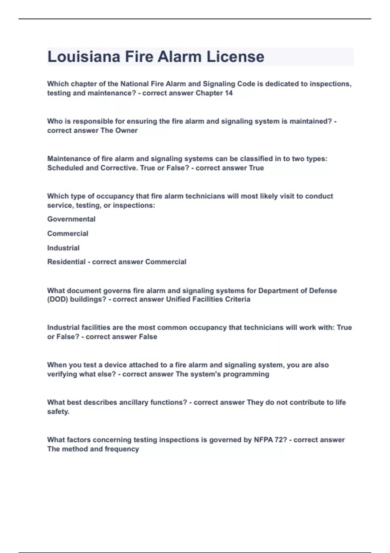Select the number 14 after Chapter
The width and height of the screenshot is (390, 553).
tap(229, 93)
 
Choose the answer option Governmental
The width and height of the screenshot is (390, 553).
tap(71, 219)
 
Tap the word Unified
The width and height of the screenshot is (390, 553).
tap(178, 299)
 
